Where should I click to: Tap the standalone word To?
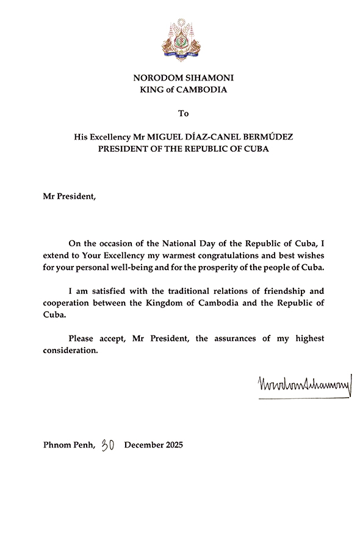point(184,113)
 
